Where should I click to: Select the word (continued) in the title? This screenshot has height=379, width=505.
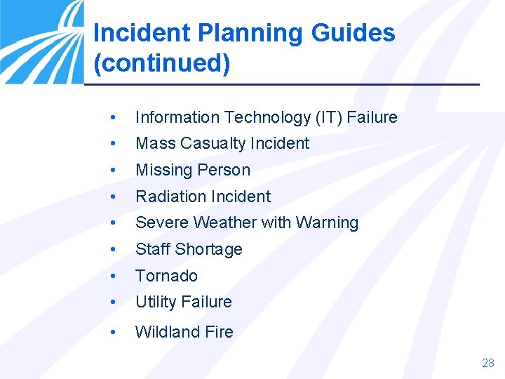161,62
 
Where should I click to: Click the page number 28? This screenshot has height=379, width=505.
488,363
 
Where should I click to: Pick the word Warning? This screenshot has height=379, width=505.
327,222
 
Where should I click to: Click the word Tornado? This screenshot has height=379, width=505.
166,276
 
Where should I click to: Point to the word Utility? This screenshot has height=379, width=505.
156,302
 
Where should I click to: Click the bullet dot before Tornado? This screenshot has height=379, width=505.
113,276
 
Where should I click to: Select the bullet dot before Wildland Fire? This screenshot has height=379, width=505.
113,332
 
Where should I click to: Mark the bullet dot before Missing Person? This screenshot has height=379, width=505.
113,170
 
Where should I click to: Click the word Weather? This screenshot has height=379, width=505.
224,222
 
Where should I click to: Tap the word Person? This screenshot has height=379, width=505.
224,170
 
